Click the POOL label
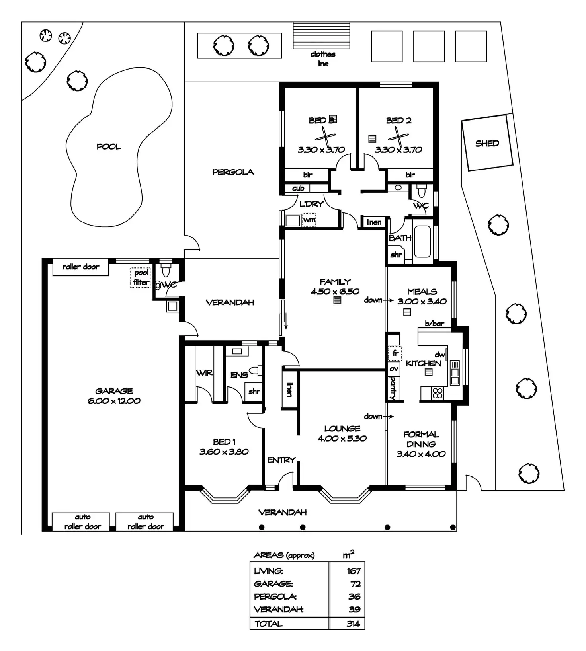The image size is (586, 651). [x=109, y=147]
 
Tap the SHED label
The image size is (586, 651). [x=487, y=143]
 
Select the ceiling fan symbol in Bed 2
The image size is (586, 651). [x=398, y=138]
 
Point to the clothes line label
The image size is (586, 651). [x=323, y=59]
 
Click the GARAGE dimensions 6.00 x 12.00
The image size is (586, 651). [x=114, y=401]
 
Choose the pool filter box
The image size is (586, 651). [x=141, y=277]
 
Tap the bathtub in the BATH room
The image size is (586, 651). [x=423, y=242]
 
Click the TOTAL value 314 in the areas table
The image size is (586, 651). [x=353, y=624]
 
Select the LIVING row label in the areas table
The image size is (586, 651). [x=268, y=571]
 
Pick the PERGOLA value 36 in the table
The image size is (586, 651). [x=354, y=597]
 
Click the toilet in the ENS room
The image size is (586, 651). [x=256, y=370]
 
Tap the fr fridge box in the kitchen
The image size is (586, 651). [x=395, y=353]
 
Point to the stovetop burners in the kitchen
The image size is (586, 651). [x=438, y=393]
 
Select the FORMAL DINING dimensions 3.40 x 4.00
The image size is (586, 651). [x=421, y=454]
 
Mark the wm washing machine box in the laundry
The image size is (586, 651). [x=309, y=220]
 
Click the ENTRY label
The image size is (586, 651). [x=281, y=460]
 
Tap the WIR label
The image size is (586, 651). [x=204, y=373]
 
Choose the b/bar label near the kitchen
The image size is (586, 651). [x=434, y=324]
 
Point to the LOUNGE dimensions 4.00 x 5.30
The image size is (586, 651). [x=342, y=439]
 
